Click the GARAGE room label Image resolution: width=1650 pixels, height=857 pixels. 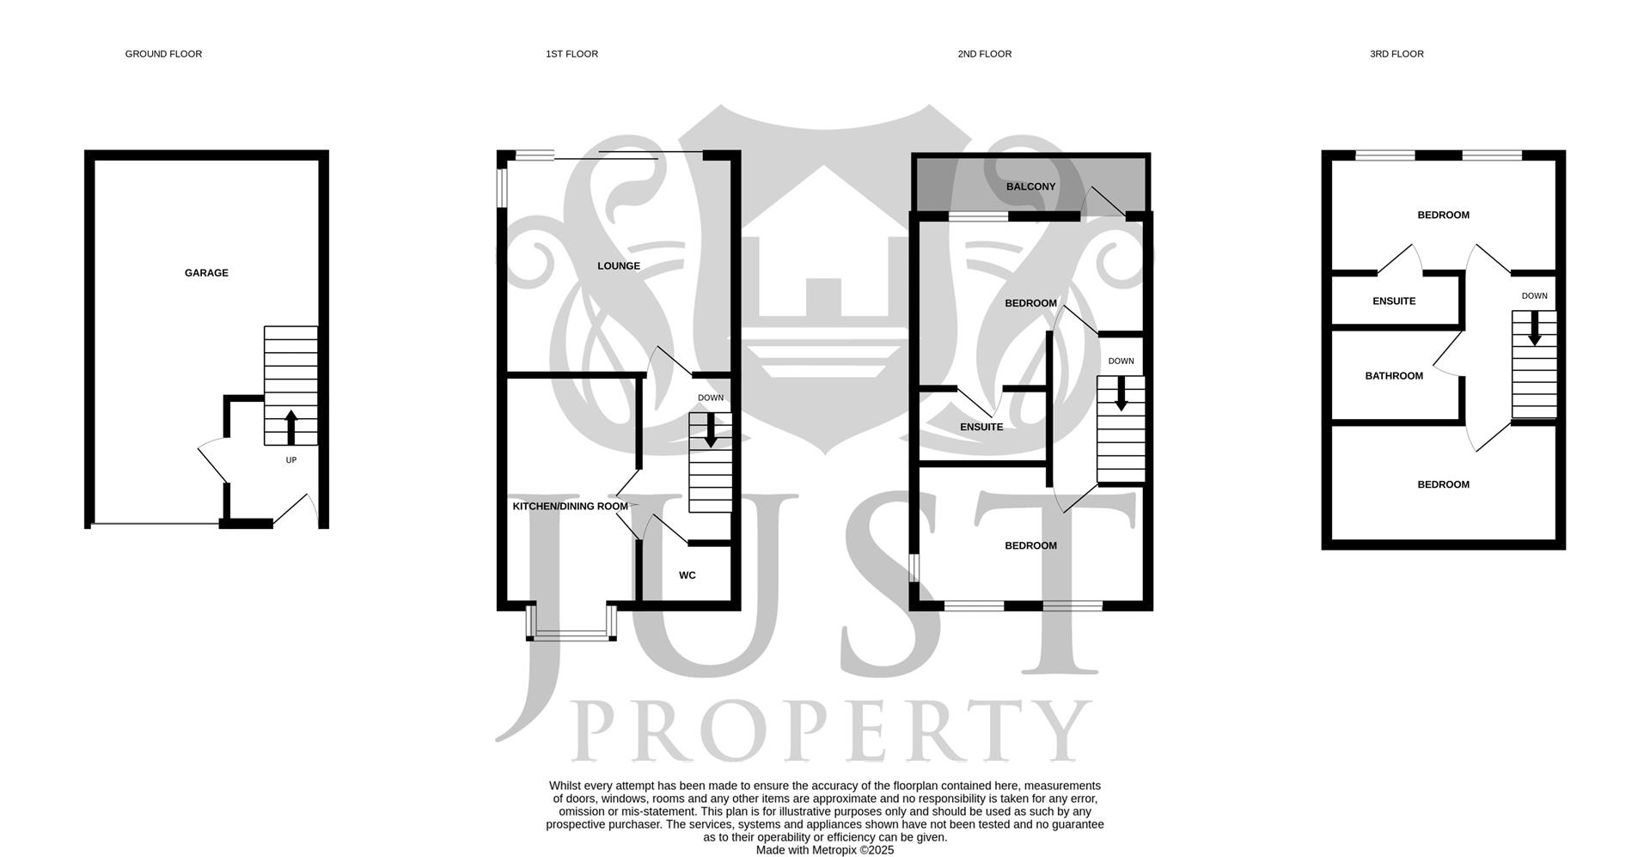click(x=206, y=273)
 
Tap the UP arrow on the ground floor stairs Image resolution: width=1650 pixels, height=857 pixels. click(x=290, y=427)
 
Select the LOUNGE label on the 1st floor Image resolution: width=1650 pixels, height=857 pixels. click(x=619, y=266)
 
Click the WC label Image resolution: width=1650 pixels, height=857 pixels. click(x=687, y=575)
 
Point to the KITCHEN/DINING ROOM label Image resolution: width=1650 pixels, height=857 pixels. click(x=570, y=507)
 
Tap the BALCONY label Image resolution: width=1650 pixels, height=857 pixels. click(x=1030, y=186)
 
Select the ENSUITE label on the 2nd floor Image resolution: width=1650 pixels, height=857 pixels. click(x=981, y=427)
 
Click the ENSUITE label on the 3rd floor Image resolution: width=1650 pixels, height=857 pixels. click(x=1394, y=301)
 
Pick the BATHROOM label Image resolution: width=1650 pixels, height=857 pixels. click(x=1394, y=376)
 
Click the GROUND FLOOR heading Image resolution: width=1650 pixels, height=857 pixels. click(x=163, y=54)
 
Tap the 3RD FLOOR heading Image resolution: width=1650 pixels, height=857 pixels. click(x=1396, y=54)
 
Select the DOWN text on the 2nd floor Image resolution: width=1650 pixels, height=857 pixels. click(x=1121, y=362)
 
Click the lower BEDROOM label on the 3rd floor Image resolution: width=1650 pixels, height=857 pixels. click(x=1443, y=484)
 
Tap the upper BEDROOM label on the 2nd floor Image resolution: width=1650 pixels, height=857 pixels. click(x=1030, y=303)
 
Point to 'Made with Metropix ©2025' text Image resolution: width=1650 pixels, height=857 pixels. click(x=824, y=850)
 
